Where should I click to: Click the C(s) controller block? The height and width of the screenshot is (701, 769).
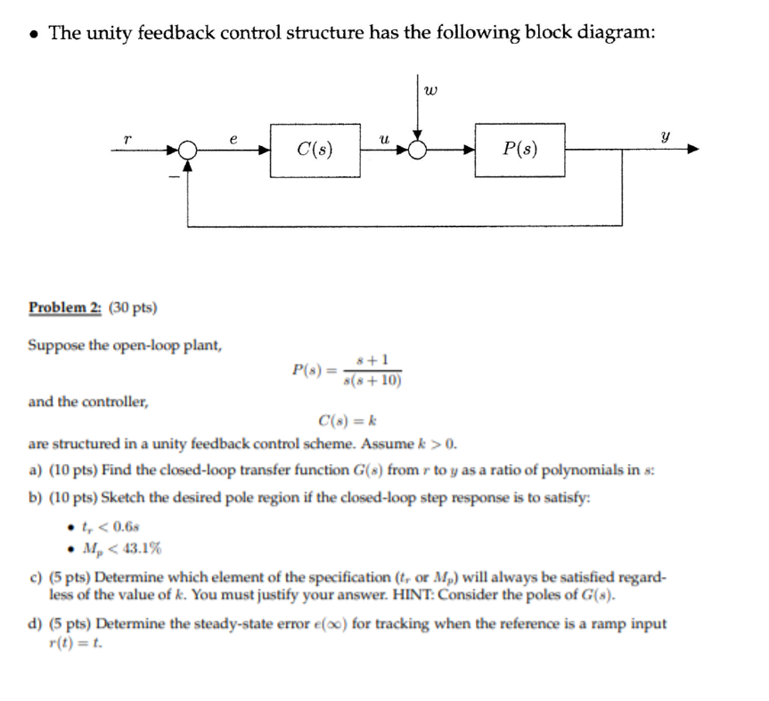coord(315,150)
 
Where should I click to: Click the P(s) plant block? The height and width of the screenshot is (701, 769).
coord(519,150)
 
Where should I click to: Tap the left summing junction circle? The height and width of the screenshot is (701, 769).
coord(187,151)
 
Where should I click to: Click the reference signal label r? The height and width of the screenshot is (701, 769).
coord(128,138)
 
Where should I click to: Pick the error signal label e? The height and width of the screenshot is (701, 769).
coord(233,138)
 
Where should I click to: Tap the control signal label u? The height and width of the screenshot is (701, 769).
coord(383,138)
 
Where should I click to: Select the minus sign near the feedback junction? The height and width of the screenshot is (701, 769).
coord(175,178)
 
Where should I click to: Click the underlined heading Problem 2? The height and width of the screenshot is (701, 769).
coord(65,308)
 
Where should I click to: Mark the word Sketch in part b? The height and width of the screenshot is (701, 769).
coord(124,498)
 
